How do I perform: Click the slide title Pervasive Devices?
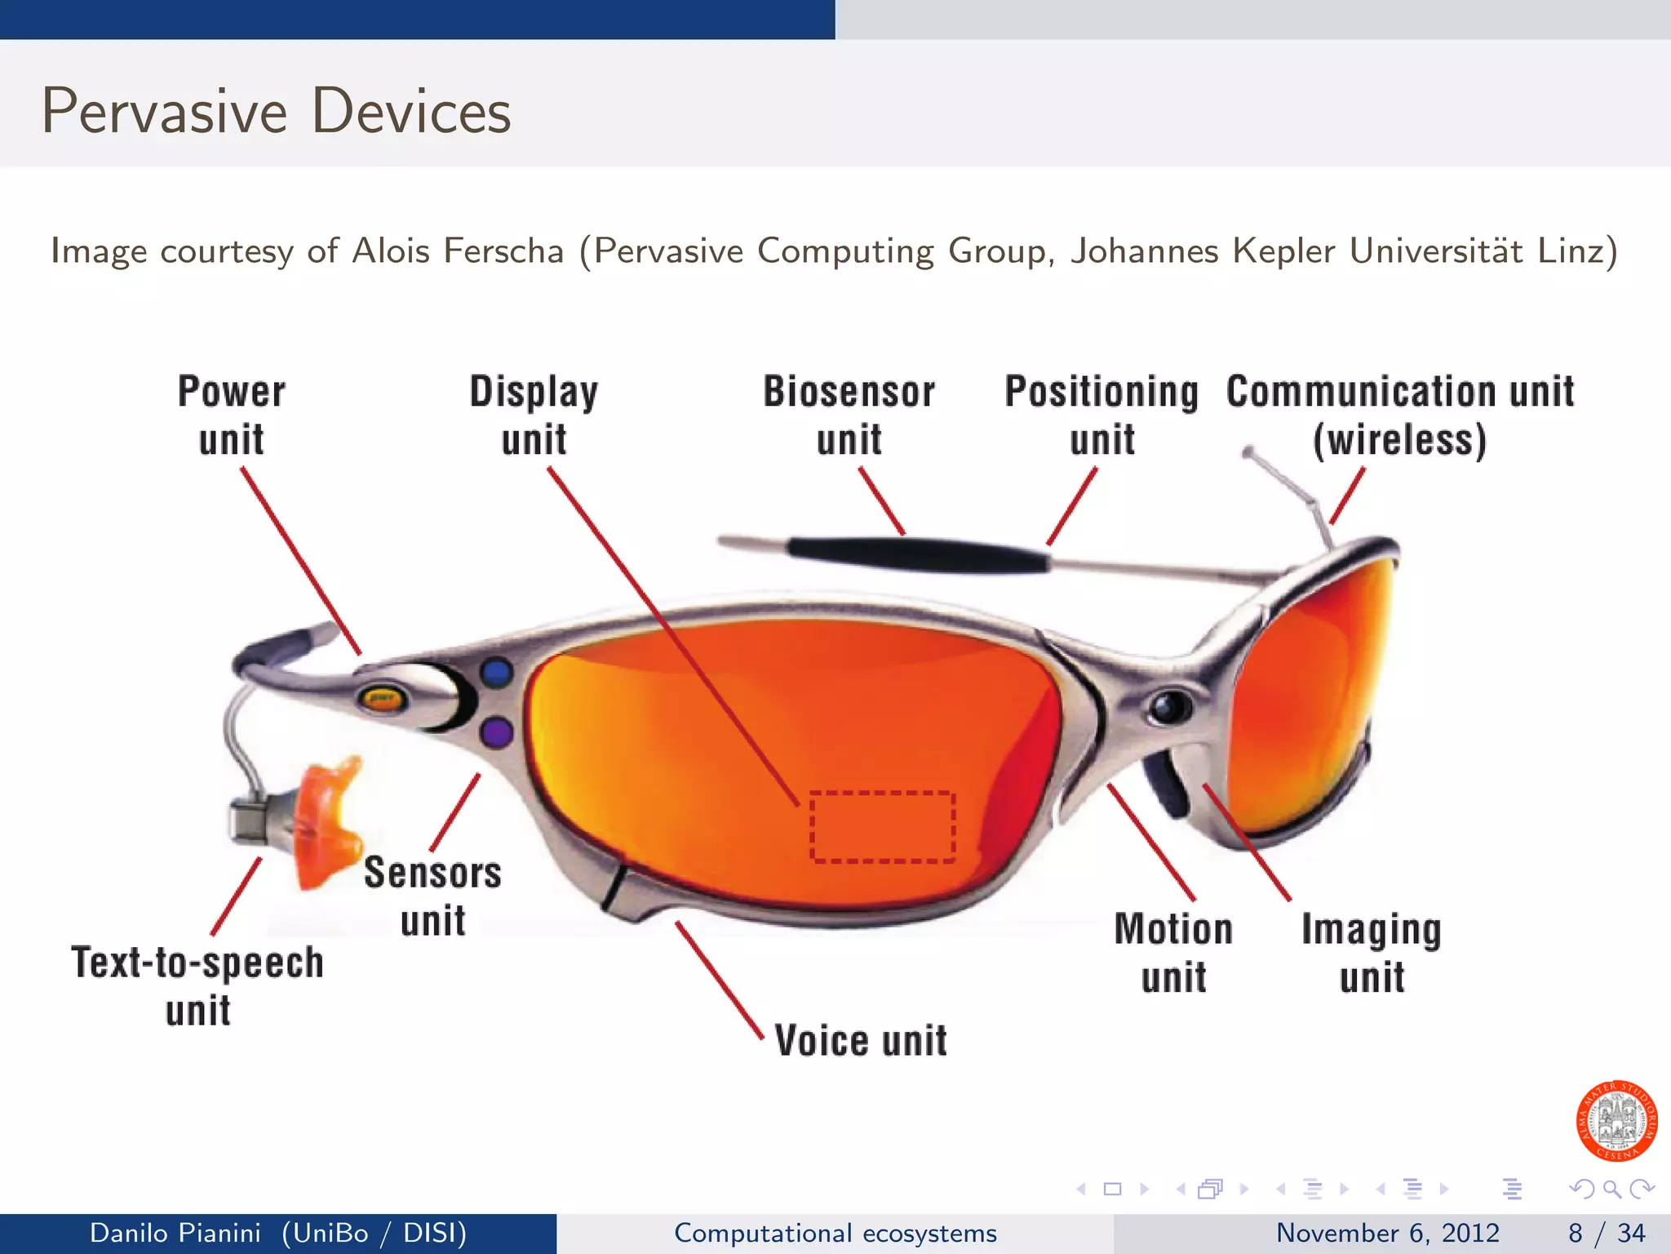tap(277, 111)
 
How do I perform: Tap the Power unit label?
tap(232, 415)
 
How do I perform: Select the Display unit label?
tap(534, 415)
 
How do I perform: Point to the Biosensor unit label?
tap(849, 415)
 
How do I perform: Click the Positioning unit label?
tap(1101, 415)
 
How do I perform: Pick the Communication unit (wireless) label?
tap(1400, 415)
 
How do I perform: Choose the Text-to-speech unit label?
tap(197, 985)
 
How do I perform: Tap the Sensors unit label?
tap(432, 896)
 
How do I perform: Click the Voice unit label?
tap(861, 1041)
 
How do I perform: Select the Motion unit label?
tap(1173, 953)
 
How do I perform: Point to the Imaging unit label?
tap(1372, 953)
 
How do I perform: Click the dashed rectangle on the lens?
tap(882, 826)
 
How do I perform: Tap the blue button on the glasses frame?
tap(497, 673)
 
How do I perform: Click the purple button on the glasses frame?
tap(497, 732)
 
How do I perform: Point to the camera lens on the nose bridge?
tap(1169, 707)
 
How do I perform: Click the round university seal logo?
tap(1616, 1121)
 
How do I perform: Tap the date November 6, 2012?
tap(1387, 1233)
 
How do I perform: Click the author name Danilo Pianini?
tap(175, 1233)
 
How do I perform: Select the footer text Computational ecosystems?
tap(835, 1233)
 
